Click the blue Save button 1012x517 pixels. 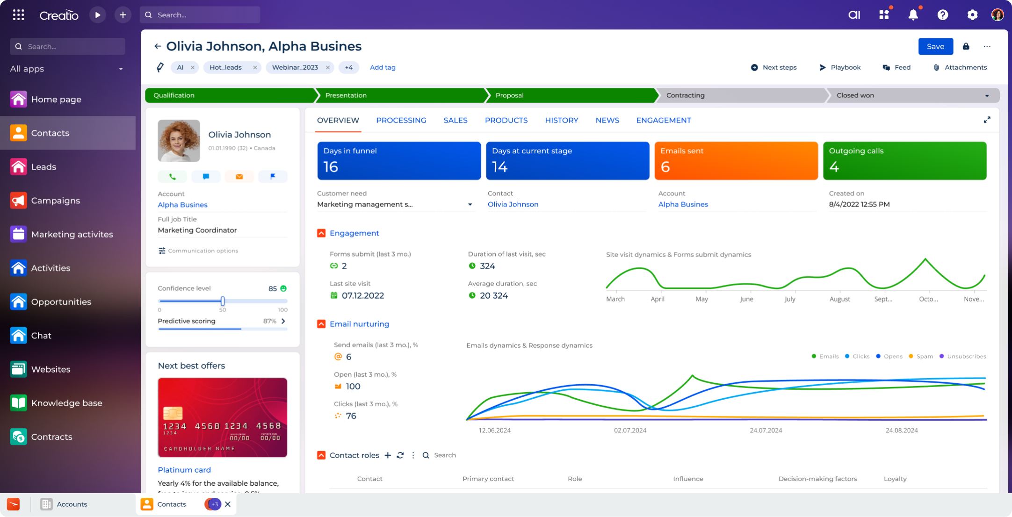(935, 46)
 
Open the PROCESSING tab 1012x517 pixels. (401, 120)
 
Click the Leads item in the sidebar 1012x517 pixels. (43, 167)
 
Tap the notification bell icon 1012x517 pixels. (913, 15)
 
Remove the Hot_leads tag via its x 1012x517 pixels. (255, 67)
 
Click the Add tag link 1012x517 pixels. (383, 67)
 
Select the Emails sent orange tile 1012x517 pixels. (736, 160)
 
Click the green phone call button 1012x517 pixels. (172, 177)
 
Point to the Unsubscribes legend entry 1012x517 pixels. (966, 356)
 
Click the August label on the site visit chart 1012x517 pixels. (839, 299)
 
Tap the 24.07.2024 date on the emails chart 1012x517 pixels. (766, 430)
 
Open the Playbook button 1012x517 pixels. (840, 67)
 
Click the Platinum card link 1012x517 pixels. (184, 470)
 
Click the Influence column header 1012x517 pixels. (688, 479)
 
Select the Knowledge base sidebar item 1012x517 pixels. (66, 403)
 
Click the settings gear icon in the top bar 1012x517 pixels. (972, 15)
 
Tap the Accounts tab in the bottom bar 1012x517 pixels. (71, 504)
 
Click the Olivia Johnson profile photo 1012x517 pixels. (179, 141)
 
